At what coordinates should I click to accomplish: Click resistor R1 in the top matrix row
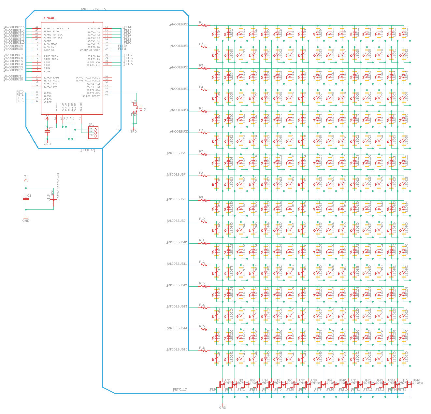(204, 25)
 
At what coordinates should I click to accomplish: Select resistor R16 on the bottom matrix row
(204, 351)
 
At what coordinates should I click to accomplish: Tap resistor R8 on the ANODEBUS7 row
(204, 176)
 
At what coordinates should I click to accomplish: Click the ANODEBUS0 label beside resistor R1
(179, 24)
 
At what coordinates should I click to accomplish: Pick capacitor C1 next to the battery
(26, 199)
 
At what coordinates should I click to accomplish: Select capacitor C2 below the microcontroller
(48, 131)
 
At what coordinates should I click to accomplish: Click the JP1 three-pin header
(93, 132)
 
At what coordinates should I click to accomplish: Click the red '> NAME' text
(50, 18)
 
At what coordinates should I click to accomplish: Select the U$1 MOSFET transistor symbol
(222, 384)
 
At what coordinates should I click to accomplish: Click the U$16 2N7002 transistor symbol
(409, 384)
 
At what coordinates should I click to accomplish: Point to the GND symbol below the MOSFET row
(223, 406)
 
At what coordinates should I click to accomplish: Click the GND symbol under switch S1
(133, 130)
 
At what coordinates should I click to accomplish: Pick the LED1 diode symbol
(216, 33)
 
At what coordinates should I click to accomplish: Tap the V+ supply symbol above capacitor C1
(26, 178)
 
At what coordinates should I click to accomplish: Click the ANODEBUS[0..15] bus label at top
(93, 9)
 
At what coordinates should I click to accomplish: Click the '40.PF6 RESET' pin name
(91, 96)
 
